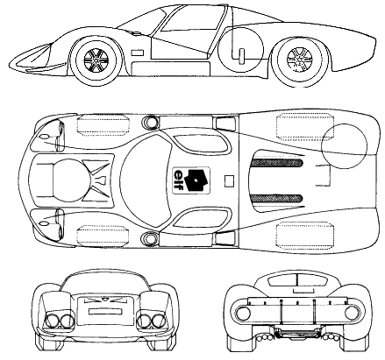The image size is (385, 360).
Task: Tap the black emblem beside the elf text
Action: [x=196, y=180]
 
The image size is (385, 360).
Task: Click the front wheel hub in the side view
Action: [x=96, y=61]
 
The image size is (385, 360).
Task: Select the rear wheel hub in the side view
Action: [x=299, y=60]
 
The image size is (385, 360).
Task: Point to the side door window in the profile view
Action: [x=191, y=18]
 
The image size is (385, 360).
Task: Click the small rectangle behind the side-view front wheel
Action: [x=138, y=53]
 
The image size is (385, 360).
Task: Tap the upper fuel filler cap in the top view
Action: [x=151, y=121]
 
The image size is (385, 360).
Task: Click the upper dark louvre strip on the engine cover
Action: [x=277, y=162]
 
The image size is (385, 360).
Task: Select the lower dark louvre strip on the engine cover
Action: [x=277, y=198]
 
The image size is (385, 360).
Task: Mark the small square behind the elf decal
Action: [x=229, y=181]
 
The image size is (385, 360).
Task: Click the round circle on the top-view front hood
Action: [x=72, y=180]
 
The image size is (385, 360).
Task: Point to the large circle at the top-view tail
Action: [x=344, y=146]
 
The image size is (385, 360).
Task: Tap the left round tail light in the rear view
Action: [x=244, y=313]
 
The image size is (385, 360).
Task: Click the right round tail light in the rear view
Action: [x=352, y=313]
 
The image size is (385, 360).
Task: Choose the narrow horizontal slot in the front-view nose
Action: [x=105, y=311]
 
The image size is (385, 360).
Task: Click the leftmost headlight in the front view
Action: [x=52, y=321]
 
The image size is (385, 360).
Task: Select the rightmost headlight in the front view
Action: [x=160, y=321]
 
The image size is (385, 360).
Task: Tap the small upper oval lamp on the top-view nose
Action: [x=43, y=137]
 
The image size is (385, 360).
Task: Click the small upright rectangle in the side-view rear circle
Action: [x=242, y=56]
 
